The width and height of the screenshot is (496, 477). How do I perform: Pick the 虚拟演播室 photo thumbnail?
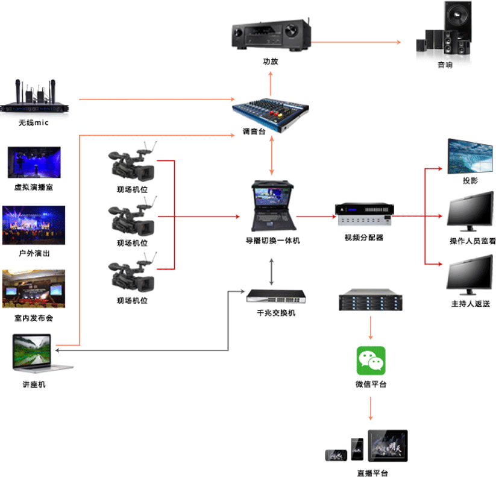coord(34,163)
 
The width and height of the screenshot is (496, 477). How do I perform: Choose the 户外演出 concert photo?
coord(34,225)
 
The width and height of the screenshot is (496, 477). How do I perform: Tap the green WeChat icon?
coord(371,361)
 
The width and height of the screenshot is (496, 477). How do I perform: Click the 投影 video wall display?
coord(471,156)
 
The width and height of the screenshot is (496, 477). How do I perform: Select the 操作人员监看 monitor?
coord(471,212)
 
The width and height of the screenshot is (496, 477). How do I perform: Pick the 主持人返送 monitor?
coord(471,274)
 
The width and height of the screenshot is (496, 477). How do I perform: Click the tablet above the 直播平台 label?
coord(388,446)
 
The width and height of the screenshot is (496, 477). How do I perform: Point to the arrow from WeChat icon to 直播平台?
coord(371,409)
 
